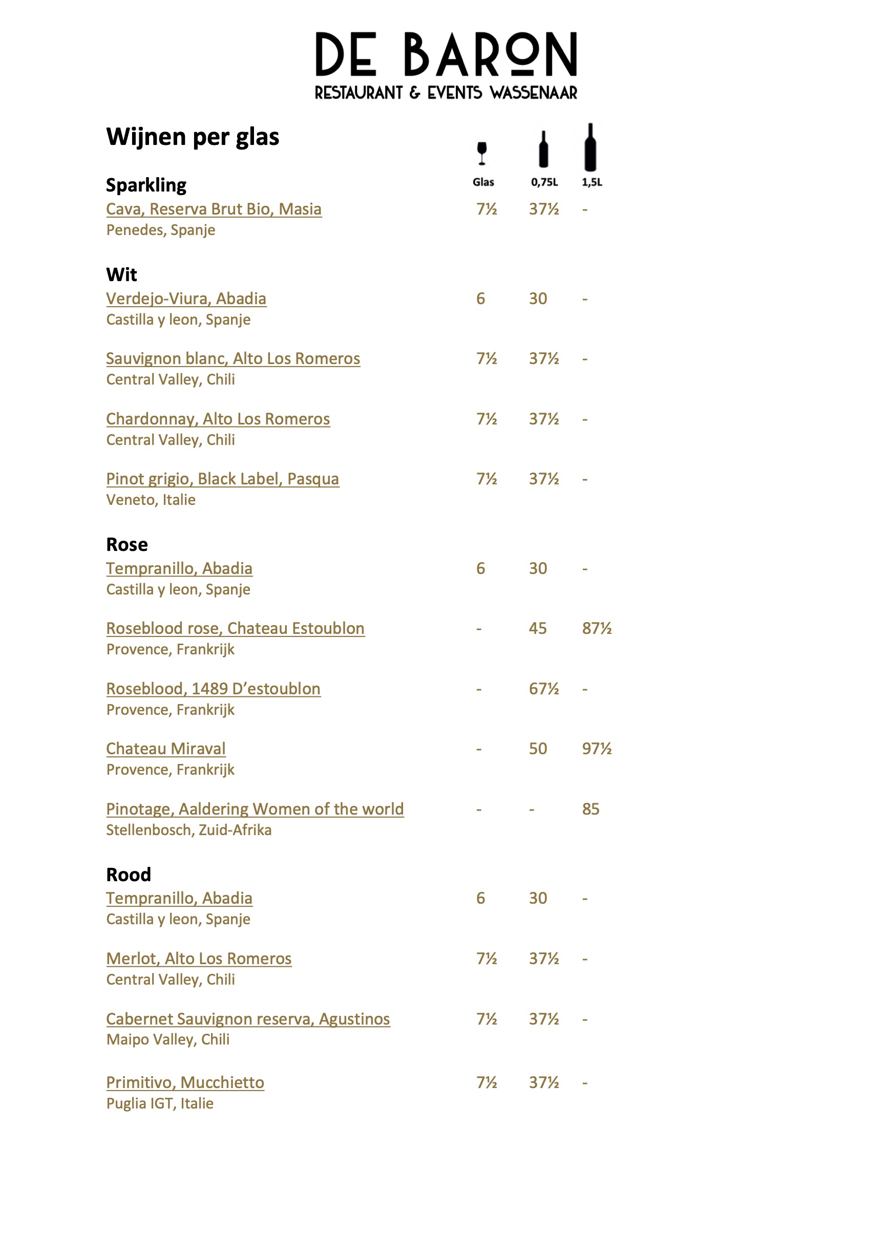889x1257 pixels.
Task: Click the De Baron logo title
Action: pyautogui.click(x=446, y=55)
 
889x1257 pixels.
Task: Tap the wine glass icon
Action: pyautogui.click(x=482, y=153)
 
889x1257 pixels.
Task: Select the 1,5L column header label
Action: pyautogui.click(x=592, y=182)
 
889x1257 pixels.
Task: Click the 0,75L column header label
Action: pyautogui.click(x=544, y=182)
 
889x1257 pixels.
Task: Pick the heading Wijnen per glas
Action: pyautogui.click(x=193, y=137)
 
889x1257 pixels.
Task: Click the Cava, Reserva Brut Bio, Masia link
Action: pyautogui.click(x=214, y=209)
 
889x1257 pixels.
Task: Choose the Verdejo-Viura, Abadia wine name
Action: pyautogui.click(x=186, y=299)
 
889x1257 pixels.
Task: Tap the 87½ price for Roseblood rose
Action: pyautogui.click(x=597, y=629)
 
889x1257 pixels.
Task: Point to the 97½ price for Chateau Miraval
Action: pyautogui.click(x=597, y=749)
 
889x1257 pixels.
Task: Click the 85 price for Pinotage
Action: pyautogui.click(x=590, y=809)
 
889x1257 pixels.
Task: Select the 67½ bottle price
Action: pyautogui.click(x=543, y=689)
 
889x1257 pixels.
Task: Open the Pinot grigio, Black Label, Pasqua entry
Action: pyautogui.click(x=222, y=479)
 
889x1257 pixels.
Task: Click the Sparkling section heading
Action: pyautogui.click(x=146, y=185)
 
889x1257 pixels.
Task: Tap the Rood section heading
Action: pyautogui.click(x=129, y=875)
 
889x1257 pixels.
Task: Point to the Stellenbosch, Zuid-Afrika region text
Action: pyautogui.click(x=189, y=830)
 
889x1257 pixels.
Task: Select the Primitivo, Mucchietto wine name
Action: pyautogui.click(x=185, y=1082)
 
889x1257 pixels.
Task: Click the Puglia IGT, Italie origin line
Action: pyautogui.click(x=160, y=1103)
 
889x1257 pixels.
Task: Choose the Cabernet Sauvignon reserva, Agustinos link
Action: pyautogui.click(x=248, y=1019)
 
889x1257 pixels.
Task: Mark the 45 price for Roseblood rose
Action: pyautogui.click(x=538, y=629)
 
